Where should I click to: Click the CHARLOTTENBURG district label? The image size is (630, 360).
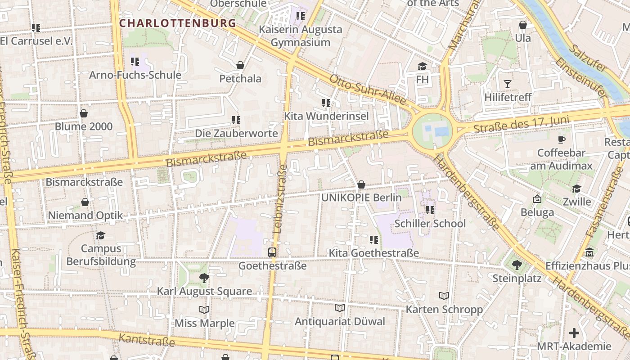tap(177, 23)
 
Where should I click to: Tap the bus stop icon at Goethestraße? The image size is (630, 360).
tap(272, 252)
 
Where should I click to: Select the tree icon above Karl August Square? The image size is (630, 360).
tap(204, 278)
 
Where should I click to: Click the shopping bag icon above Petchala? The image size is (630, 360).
tap(240, 65)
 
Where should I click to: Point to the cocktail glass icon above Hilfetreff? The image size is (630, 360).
tap(508, 84)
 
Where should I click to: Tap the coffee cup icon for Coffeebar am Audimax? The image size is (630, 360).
tap(561, 139)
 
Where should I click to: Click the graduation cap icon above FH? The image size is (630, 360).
tap(422, 67)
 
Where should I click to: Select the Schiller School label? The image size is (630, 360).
tap(430, 224)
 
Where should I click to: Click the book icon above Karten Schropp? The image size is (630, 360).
tap(444, 296)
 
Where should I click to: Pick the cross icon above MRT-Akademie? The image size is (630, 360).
tap(574, 333)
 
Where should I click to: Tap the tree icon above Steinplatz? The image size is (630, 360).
tap(517, 265)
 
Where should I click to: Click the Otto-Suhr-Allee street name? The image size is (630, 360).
tap(368, 90)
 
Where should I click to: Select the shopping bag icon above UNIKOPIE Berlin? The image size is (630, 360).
tap(361, 184)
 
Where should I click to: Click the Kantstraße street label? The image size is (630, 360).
tap(147, 340)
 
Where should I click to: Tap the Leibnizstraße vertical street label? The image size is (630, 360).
tap(280, 199)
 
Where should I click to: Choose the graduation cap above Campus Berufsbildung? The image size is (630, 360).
tap(100, 235)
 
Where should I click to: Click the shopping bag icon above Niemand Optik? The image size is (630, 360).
tap(85, 202)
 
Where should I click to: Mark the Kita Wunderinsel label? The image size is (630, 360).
tap(326, 116)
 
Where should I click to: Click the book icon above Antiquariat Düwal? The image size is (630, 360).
tap(340, 308)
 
